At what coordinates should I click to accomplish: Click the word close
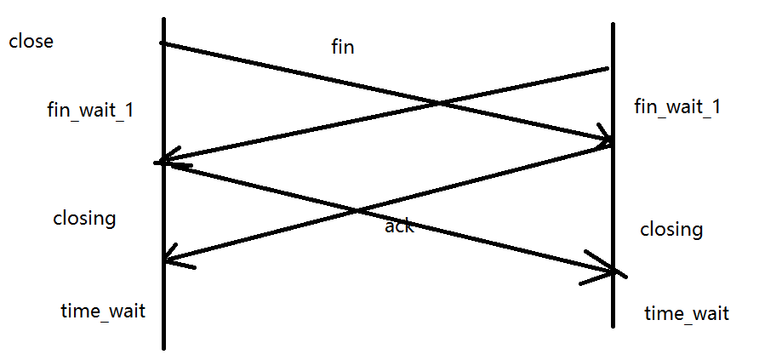pyautogui.click(x=31, y=41)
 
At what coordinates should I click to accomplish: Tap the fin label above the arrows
pyautogui.click(x=342, y=48)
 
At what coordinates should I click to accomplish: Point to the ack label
pyautogui.click(x=399, y=226)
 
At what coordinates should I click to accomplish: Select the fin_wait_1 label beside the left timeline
pyautogui.click(x=90, y=111)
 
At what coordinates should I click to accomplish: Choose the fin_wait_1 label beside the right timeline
pyautogui.click(x=677, y=106)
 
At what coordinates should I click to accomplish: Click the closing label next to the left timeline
pyautogui.click(x=84, y=218)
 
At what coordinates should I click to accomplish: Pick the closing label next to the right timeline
pyautogui.click(x=671, y=229)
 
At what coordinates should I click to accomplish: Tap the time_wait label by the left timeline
pyautogui.click(x=102, y=311)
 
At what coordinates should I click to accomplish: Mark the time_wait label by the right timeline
pyautogui.click(x=686, y=313)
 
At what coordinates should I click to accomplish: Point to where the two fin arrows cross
pyautogui.click(x=438, y=105)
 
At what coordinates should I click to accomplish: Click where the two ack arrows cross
pyautogui.click(x=358, y=211)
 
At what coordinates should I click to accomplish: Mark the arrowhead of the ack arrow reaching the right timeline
pyautogui.click(x=614, y=271)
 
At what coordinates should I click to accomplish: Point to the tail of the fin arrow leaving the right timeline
pyautogui.click(x=608, y=69)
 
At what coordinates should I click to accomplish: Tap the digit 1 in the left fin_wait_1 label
pyautogui.click(x=128, y=111)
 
